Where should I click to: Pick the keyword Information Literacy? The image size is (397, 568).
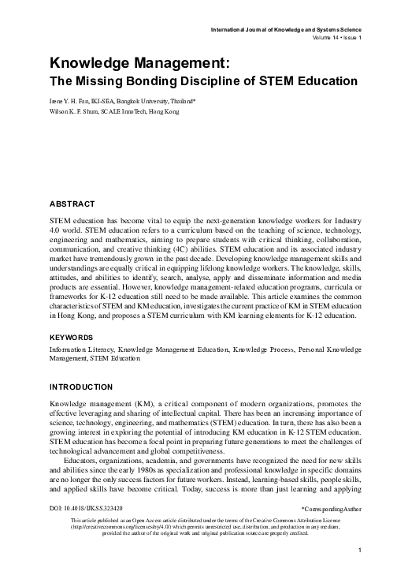[x=81, y=348]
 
